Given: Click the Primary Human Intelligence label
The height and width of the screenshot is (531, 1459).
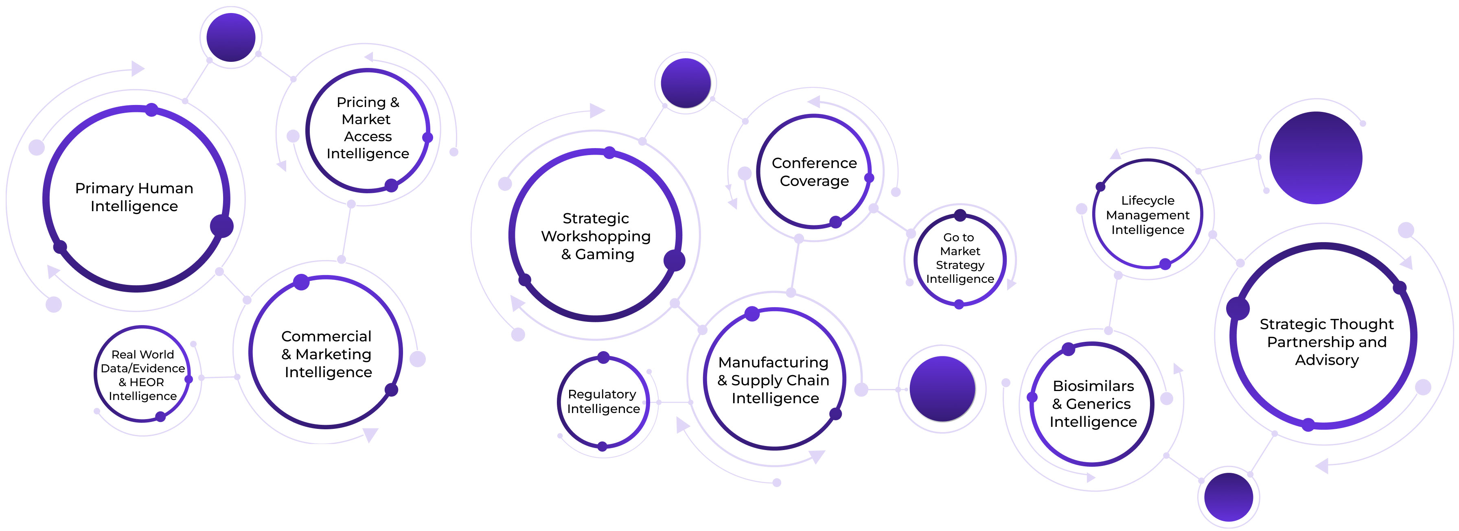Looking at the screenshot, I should point(134,197).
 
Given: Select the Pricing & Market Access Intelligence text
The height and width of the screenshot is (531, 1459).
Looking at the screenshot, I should point(368,128).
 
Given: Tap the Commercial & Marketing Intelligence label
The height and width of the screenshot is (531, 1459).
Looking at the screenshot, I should point(327,354).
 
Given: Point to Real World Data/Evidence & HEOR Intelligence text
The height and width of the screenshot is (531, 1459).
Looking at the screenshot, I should point(143,375).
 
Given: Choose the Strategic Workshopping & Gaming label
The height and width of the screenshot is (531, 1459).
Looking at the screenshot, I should point(596,236).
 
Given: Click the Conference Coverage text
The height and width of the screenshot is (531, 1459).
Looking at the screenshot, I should point(814,172).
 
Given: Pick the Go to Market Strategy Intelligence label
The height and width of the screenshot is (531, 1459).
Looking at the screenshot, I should point(960,258).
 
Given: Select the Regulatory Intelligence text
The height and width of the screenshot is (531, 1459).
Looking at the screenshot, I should point(603,401).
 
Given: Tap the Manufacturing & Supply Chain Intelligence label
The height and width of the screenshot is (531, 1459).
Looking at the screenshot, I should point(774,380).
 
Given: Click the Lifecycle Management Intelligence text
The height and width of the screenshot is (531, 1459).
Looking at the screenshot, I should point(1148,215).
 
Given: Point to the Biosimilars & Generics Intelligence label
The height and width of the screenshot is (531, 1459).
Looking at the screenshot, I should point(1093,404).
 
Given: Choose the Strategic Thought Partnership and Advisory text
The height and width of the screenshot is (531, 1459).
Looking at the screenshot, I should point(1326,342).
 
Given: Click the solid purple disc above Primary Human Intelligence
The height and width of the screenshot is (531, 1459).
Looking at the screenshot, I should point(230,37).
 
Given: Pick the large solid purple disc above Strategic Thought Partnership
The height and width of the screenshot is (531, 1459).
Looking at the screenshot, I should point(1315,157).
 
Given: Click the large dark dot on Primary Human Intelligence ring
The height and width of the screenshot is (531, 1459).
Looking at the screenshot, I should point(221,226).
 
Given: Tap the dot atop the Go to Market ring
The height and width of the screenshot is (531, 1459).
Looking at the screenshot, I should point(960,215).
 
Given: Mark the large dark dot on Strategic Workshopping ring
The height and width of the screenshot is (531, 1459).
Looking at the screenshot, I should point(674,260).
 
